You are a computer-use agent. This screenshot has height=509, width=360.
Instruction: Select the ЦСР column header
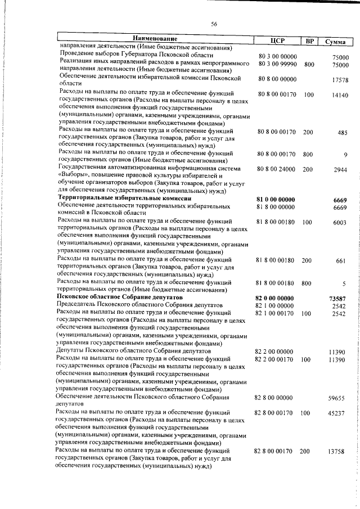[277, 40]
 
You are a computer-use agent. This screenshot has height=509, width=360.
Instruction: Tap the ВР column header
[309, 40]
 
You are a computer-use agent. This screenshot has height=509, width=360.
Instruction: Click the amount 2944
[340, 169]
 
